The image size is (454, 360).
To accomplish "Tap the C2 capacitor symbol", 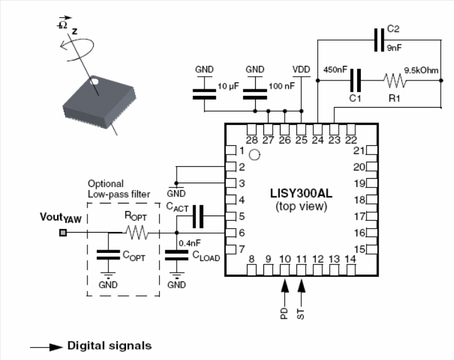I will [379, 41].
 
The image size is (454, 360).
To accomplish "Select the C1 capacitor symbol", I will [356, 80].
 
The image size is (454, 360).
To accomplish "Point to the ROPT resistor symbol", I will [137, 233].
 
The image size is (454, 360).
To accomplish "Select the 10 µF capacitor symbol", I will [205, 94].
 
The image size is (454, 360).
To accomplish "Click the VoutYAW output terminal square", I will [62, 233].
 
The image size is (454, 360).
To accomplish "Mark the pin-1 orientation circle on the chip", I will [254, 154].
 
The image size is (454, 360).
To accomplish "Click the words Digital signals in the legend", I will [109, 346].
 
